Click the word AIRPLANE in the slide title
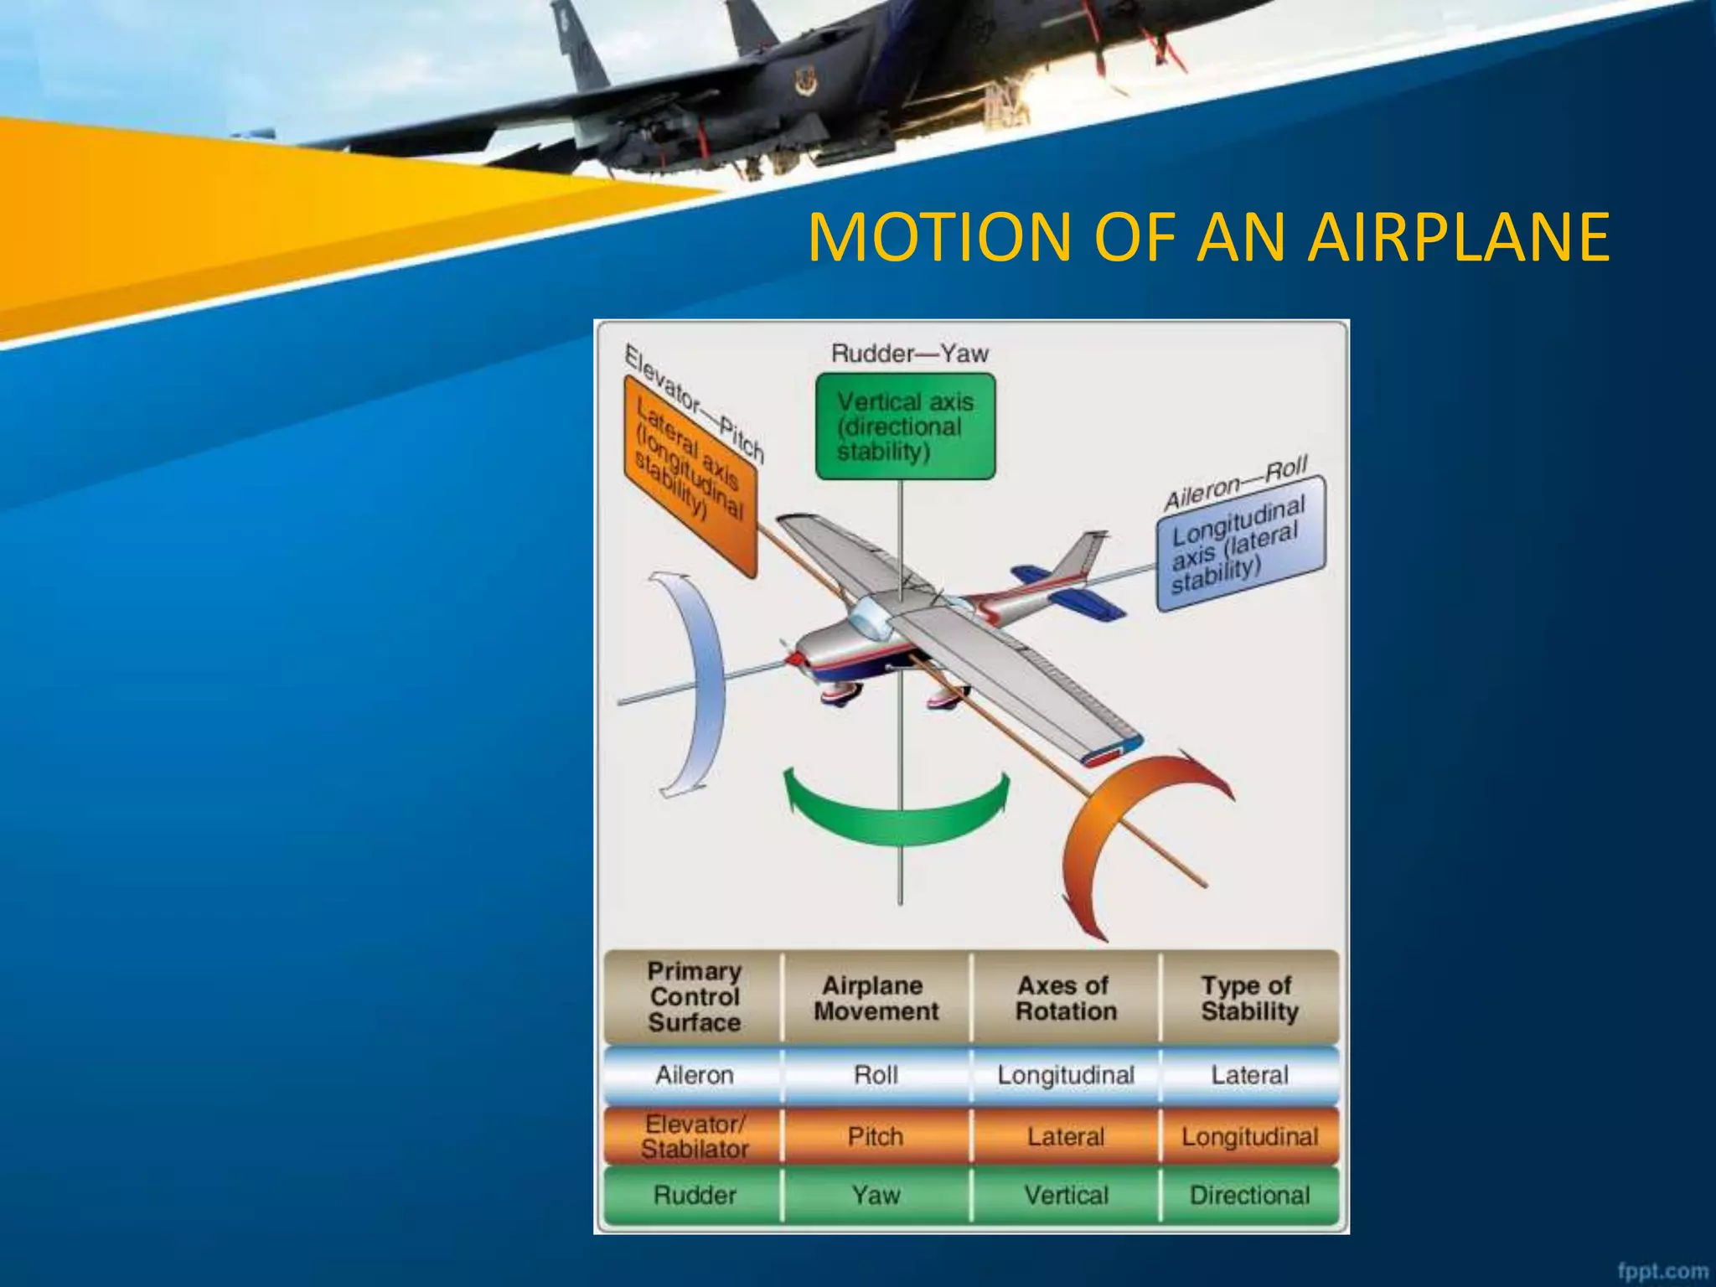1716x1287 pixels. click(1458, 237)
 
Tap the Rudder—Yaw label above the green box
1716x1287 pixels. click(909, 354)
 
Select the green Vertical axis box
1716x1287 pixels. click(905, 426)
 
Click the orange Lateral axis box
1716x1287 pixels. click(690, 473)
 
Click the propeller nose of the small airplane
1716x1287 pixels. click(794, 658)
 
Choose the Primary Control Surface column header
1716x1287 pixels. click(694, 996)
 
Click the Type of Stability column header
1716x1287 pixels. click(1248, 997)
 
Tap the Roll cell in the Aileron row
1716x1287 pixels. click(876, 1075)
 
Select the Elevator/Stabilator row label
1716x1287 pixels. click(694, 1136)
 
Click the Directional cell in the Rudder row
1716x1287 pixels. click(1248, 1195)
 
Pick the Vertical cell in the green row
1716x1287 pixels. click(1066, 1195)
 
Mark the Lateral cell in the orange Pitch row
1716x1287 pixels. click(1066, 1137)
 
